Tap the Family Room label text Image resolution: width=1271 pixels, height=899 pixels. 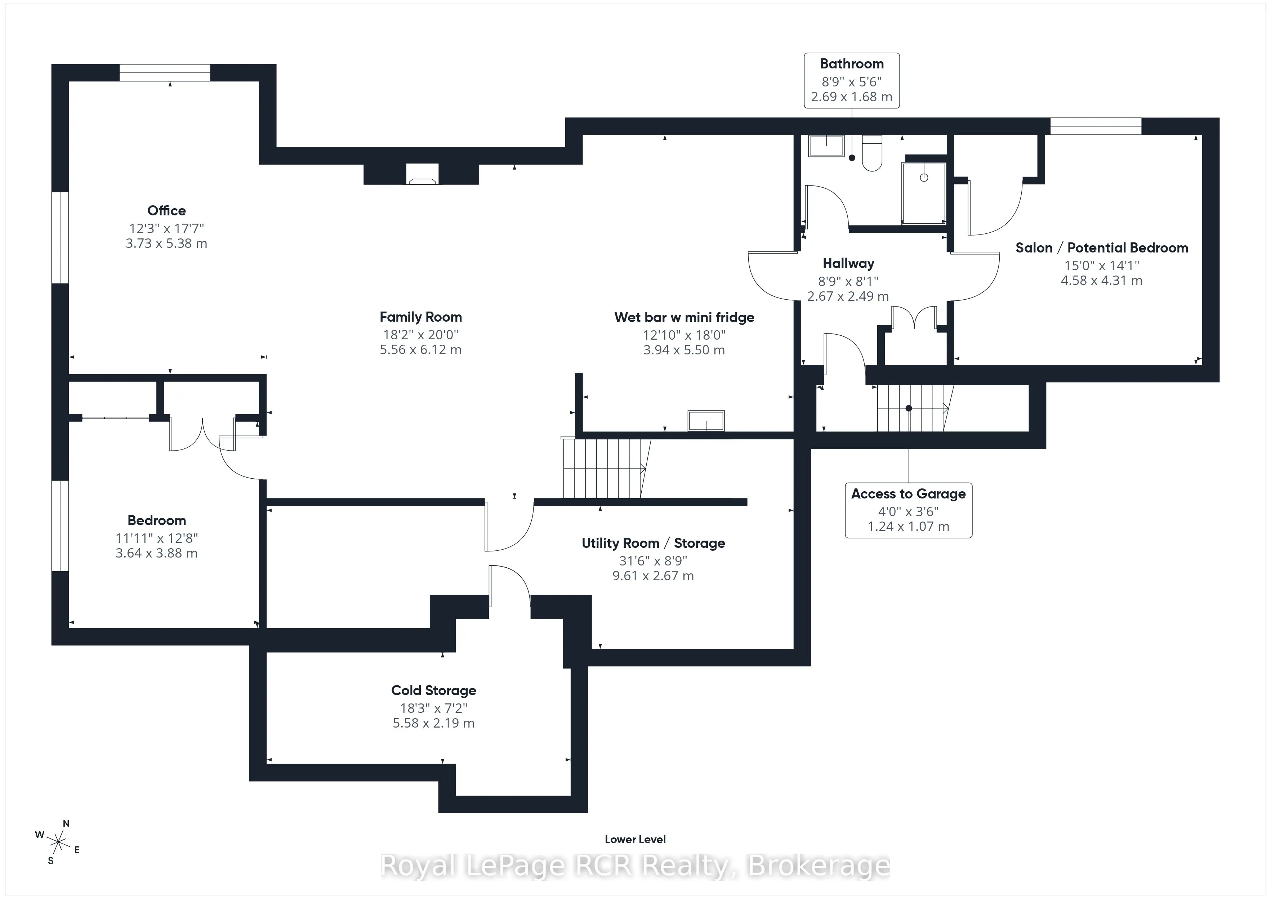tap(421, 317)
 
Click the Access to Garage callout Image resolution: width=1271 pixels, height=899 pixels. tap(909, 510)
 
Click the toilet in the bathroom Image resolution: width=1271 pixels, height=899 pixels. tap(872, 153)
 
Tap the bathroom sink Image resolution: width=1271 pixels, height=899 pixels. tap(826, 146)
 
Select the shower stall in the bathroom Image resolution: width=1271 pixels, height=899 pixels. tap(923, 193)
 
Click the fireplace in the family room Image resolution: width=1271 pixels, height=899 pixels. tap(422, 174)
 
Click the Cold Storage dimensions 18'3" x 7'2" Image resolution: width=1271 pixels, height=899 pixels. tap(434, 708)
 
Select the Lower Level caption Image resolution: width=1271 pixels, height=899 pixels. tap(635, 839)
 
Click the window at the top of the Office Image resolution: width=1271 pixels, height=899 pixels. tap(165, 72)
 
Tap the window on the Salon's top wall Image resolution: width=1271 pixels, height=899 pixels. tap(1096, 126)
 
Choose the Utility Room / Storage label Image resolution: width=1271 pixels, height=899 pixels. tap(653, 543)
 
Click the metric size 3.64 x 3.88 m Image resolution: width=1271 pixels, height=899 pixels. tap(157, 553)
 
